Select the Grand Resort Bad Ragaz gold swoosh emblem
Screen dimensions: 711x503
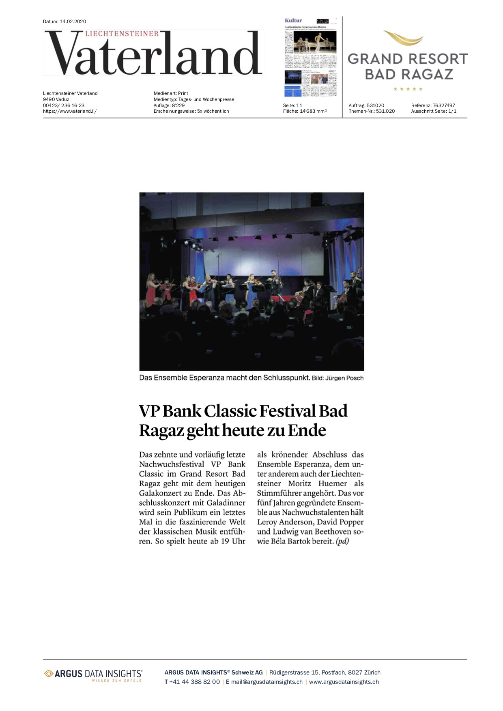[403, 39]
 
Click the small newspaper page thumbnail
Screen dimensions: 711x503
[311, 57]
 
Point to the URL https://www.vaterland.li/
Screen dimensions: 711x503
[70, 111]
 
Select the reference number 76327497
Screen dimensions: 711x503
[444, 105]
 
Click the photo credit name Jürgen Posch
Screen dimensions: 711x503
[344, 378]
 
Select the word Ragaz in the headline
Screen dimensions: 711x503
[161, 431]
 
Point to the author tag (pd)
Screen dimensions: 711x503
[342, 541]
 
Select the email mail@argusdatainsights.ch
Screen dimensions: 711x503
[267, 682]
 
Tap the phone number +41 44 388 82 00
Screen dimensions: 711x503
[194, 682]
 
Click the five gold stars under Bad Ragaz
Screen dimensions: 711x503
[408, 89]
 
